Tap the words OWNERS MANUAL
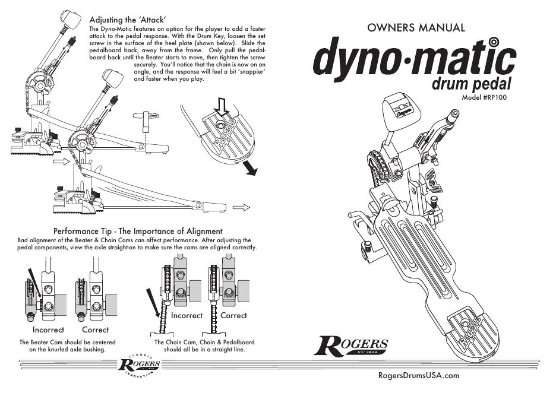pyautogui.click(x=416, y=27)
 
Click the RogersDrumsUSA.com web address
pyautogui.click(x=418, y=375)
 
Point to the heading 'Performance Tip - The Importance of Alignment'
pyautogui.click(x=138, y=231)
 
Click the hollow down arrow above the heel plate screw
pyautogui.click(x=222, y=107)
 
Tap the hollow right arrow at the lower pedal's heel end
pyautogui.click(x=241, y=207)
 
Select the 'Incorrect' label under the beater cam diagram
pyautogui.click(x=48, y=329)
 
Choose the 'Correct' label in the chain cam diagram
pyautogui.click(x=233, y=316)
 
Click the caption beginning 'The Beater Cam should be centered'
pyautogui.click(x=67, y=346)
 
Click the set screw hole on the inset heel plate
pyautogui.click(x=221, y=125)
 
